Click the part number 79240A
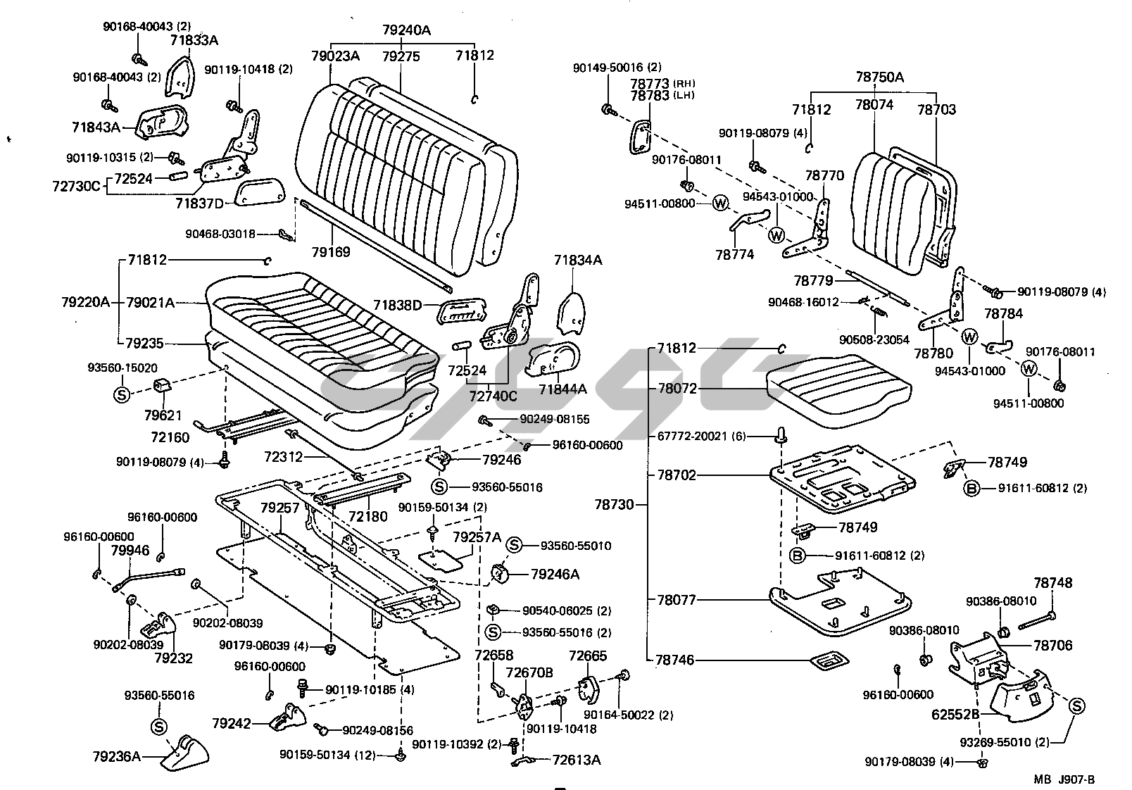click(406, 30)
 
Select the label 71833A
click(194, 40)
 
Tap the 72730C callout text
click(77, 187)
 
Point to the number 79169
click(331, 251)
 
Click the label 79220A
click(85, 302)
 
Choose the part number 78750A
click(879, 77)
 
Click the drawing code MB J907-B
click(1064, 779)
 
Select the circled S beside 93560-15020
click(121, 394)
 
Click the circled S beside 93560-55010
click(515, 545)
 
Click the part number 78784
click(1004, 313)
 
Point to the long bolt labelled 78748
click(1035, 619)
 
